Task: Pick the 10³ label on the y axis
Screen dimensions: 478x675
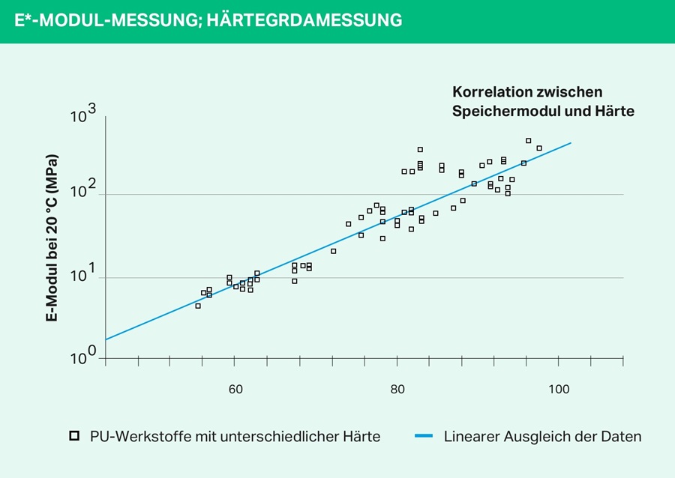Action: point(83,115)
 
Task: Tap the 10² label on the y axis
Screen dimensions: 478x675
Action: point(83,193)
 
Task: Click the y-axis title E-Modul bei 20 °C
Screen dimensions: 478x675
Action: point(52,238)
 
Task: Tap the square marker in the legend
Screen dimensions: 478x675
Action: point(73,435)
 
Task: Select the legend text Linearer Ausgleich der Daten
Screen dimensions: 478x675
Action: point(542,436)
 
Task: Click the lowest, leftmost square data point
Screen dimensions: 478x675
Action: point(198,306)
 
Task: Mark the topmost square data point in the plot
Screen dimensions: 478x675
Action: point(528,140)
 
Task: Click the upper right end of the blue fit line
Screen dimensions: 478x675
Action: point(571,142)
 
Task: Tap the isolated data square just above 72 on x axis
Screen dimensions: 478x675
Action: point(333,251)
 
